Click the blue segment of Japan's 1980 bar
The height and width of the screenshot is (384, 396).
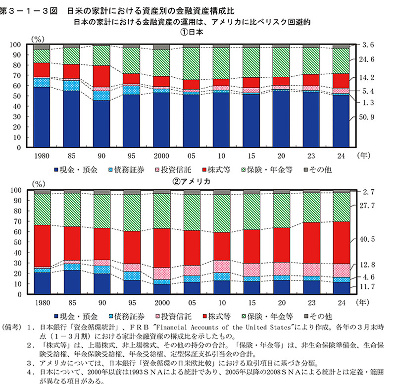tap(42, 117)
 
